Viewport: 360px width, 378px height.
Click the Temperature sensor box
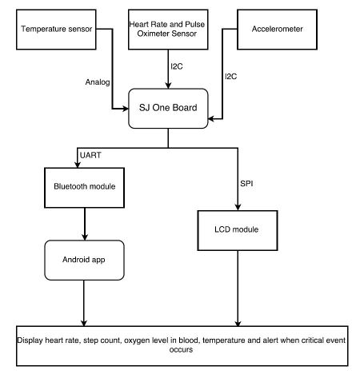(56, 30)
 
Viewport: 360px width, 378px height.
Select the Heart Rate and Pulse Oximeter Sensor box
(168, 30)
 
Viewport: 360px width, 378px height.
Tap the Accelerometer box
(277, 30)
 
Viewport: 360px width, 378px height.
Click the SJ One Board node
(168, 109)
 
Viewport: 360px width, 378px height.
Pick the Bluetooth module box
(84, 188)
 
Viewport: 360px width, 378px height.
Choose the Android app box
(84, 260)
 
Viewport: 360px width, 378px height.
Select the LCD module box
(238, 230)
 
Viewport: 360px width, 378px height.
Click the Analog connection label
(98, 82)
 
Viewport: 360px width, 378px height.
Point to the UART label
(90, 155)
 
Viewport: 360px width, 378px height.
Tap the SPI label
(246, 184)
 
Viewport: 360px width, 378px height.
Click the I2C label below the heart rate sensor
(177, 66)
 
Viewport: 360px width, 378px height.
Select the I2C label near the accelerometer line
(230, 77)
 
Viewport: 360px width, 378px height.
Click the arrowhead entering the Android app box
(85, 237)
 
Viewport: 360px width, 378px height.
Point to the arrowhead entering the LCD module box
(238, 207)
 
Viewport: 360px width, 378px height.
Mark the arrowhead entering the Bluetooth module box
(78, 165)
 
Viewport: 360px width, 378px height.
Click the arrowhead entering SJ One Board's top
(168, 86)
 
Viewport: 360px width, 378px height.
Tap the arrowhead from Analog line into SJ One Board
(125, 109)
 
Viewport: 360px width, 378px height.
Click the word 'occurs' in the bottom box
(181, 349)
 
